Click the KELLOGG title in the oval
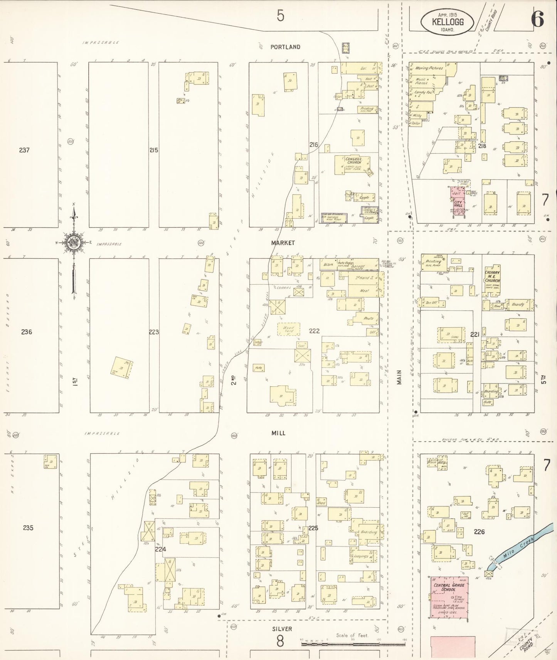(448, 22)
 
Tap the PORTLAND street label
(285, 47)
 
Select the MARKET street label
(283, 243)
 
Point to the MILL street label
(278, 433)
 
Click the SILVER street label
(282, 629)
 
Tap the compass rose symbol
(73, 243)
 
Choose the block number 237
(24, 150)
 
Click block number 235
(28, 528)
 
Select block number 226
(479, 532)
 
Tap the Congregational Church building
(353, 164)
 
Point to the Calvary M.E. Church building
(492, 279)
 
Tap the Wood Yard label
(288, 329)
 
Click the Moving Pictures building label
(429, 68)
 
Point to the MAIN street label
(399, 377)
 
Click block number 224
(160, 549)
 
